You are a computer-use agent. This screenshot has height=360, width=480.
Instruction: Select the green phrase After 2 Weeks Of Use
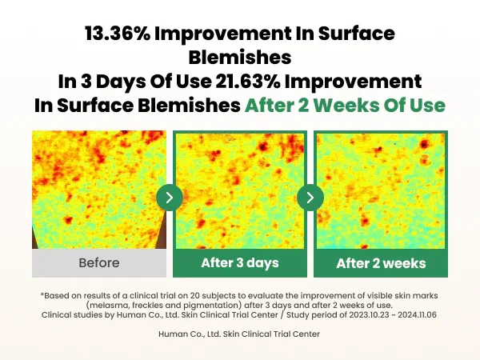coord(345,106)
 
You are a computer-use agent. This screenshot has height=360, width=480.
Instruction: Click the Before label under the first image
coord(99,262)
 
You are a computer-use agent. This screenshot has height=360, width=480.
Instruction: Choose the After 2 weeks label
coord(381,263)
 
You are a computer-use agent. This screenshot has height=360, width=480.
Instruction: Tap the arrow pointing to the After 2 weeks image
coord(310,197)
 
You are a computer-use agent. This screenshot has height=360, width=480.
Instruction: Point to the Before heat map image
coord(99,190)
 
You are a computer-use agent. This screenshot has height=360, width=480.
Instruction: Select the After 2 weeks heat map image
coord(381,190)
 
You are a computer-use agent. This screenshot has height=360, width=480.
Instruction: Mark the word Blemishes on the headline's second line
coord(240,58)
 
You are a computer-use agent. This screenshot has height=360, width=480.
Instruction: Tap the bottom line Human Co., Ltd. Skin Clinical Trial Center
coord(240,334)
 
